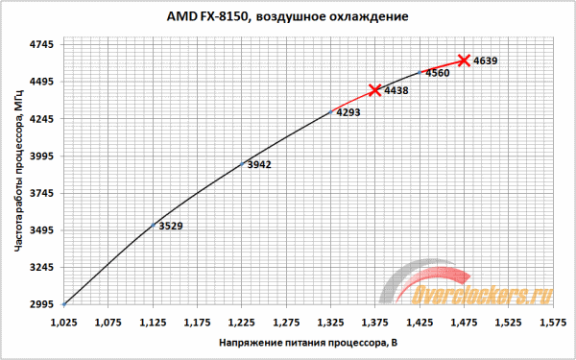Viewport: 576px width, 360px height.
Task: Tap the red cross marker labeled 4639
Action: tap(464, 60)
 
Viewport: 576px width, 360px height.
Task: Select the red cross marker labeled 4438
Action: tap(374, 89)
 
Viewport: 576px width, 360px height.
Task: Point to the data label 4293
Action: tap(348, 112)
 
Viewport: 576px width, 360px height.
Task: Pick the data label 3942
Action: tap(259, 165)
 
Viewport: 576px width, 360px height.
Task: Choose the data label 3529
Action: tap(170, 227)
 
